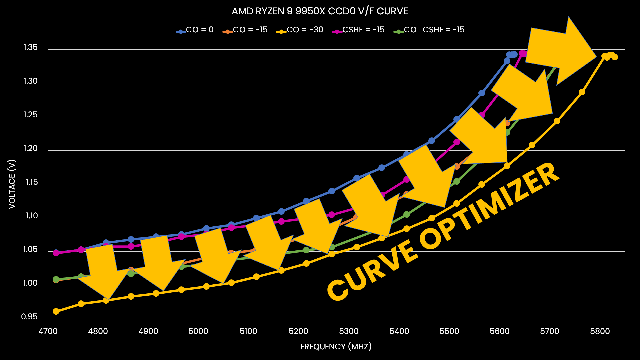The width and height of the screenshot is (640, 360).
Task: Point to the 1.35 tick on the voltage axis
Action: (31, 48)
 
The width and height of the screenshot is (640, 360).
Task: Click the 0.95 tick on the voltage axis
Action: (29, 317)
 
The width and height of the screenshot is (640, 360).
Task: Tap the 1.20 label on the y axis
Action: (31, 149)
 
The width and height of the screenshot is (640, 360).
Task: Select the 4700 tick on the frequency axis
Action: (48, 331)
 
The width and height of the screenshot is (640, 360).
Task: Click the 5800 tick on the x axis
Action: (600, 331)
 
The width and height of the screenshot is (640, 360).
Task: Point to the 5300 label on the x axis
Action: (349, 331)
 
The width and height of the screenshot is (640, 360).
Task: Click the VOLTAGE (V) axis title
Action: (12, 184)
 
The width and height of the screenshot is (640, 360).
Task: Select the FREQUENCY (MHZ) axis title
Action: (336, 347)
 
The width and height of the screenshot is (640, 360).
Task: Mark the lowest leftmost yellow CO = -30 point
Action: (56, 311)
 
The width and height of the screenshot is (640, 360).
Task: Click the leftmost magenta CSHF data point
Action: (56, 253)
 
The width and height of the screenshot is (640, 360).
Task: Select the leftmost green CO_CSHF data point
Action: (56, 279)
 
